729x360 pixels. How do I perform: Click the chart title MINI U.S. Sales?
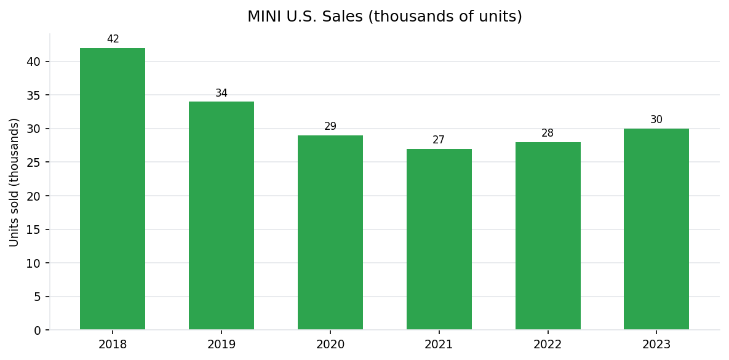pyautogui.click(x=384, y=17)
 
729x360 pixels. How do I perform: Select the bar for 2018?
pyautogui.click(x=113, y=189)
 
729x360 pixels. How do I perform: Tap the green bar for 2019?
pyautogui.click(x=221, y=215)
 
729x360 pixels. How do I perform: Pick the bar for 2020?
pyautogui.click(x=330, y=233)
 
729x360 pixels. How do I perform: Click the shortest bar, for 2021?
pyautogui.click(x=439, y=239)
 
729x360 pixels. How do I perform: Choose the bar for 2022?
pyautogui.click(x=548, y=236)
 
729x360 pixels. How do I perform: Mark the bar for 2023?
pyautogui.click(x=656, y=229)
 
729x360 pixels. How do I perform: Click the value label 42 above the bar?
pyautogui.click(x=113, y=39)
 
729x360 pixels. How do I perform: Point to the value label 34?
pyautogui.click(x=221, y=94)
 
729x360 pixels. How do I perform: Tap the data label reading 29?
pyautogui.click(x=330, y=127)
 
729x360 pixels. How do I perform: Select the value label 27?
pyautogui.click(x=439, y=140)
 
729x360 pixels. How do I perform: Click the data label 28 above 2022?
pyautogui.click(x=548, y=134)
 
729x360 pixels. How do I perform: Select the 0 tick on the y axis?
pyautogui.click(x=38, y=330)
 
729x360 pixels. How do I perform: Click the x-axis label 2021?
pyautogui.click(x=439, y=345)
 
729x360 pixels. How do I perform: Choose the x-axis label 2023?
pyautogui.click(x=656, y=345)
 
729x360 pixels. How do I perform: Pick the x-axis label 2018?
pyautogui.click(x=113, y=345)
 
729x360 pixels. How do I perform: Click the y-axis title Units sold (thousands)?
pyautogui.click(x=14, y=182)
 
